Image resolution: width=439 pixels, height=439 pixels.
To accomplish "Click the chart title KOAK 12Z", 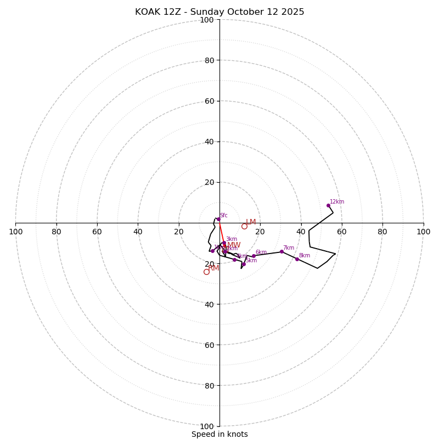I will pyautogui.click(x=219, y=12).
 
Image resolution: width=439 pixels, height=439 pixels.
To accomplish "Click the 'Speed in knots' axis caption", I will pyautogui.click(x=219, y=434).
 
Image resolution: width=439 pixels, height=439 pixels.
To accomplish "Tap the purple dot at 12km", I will pyautogui.click(x=328, y=205).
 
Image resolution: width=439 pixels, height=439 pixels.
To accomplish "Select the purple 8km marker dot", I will pyautogui.click(x=297, y=259).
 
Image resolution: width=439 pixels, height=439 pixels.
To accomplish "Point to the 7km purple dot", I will pyautogui.click(x=282, y=251).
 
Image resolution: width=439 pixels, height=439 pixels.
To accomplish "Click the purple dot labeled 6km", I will pyautogui.click(x=254, y=256).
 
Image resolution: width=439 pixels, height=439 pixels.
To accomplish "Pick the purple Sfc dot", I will pyautogui.click(x=218, y=219).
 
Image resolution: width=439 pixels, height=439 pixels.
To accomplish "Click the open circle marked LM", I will pyautogui.click(x=244, y=226).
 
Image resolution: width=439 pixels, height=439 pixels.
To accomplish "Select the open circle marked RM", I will pyautogui.click(x=206, y=272).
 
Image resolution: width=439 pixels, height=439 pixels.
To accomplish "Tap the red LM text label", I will pyautogui.click(x=251, y=222).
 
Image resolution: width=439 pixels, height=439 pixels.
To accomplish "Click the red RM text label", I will pyautogui.click(x=213, y=268).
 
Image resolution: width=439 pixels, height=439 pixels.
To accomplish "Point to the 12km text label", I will pyautogui.click(x=337, y=202).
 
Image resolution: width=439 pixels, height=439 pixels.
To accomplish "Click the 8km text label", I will pyautogui.click(x=304, y=256).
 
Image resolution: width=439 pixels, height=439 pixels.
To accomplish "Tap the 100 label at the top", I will pyautogui.click(x=207, y=20).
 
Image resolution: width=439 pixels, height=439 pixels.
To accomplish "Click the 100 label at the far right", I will pyautogui.click(x=424, y=232).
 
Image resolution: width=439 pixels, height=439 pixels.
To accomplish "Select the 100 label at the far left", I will pyautogui.click(x=15, y=232).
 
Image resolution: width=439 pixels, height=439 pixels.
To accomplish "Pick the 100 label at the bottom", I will pyautogui.click(x=207, y=426).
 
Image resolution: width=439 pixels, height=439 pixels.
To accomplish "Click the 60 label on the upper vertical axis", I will pyautogui.click(x=209, y=101).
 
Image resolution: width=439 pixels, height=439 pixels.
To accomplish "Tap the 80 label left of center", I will pyautogui.click(x=57, y=232).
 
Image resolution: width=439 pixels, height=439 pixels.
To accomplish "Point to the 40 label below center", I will pyautogui.click(x=209, y=304).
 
